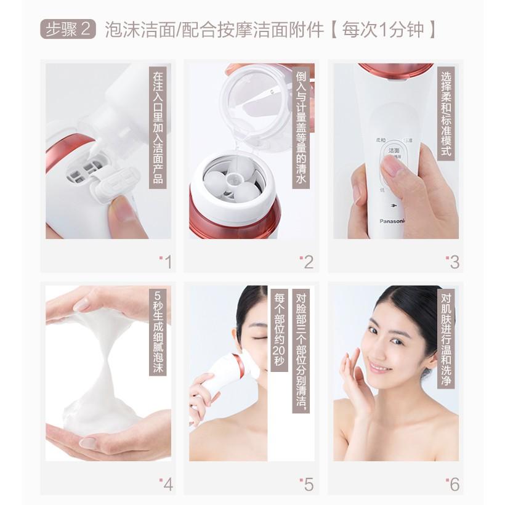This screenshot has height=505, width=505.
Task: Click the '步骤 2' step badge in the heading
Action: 69,30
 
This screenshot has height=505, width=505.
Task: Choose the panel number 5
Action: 307,484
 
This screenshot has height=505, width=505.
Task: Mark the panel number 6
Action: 453,484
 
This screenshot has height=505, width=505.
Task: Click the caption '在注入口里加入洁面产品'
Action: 158,127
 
